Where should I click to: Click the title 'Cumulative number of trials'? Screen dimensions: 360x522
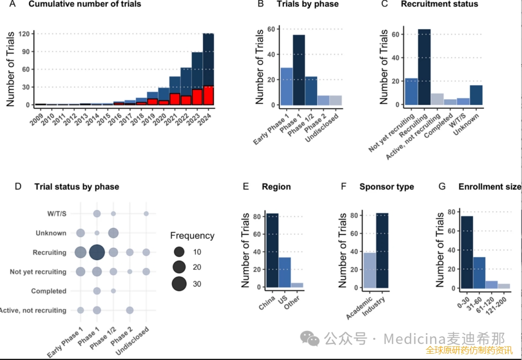point(85,4)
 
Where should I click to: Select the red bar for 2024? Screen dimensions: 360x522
point(208,95)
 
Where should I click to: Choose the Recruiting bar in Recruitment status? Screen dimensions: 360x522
point(424,67)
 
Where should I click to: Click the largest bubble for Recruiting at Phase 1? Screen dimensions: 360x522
point(97,252)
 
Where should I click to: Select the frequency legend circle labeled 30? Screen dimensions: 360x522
point(179,284)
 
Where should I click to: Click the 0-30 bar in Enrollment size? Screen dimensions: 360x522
point(466,252)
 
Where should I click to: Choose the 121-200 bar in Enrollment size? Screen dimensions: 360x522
point(504,286)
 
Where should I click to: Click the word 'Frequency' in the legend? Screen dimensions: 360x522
point(192,236)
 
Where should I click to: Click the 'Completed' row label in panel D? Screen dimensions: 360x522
point(48,291)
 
